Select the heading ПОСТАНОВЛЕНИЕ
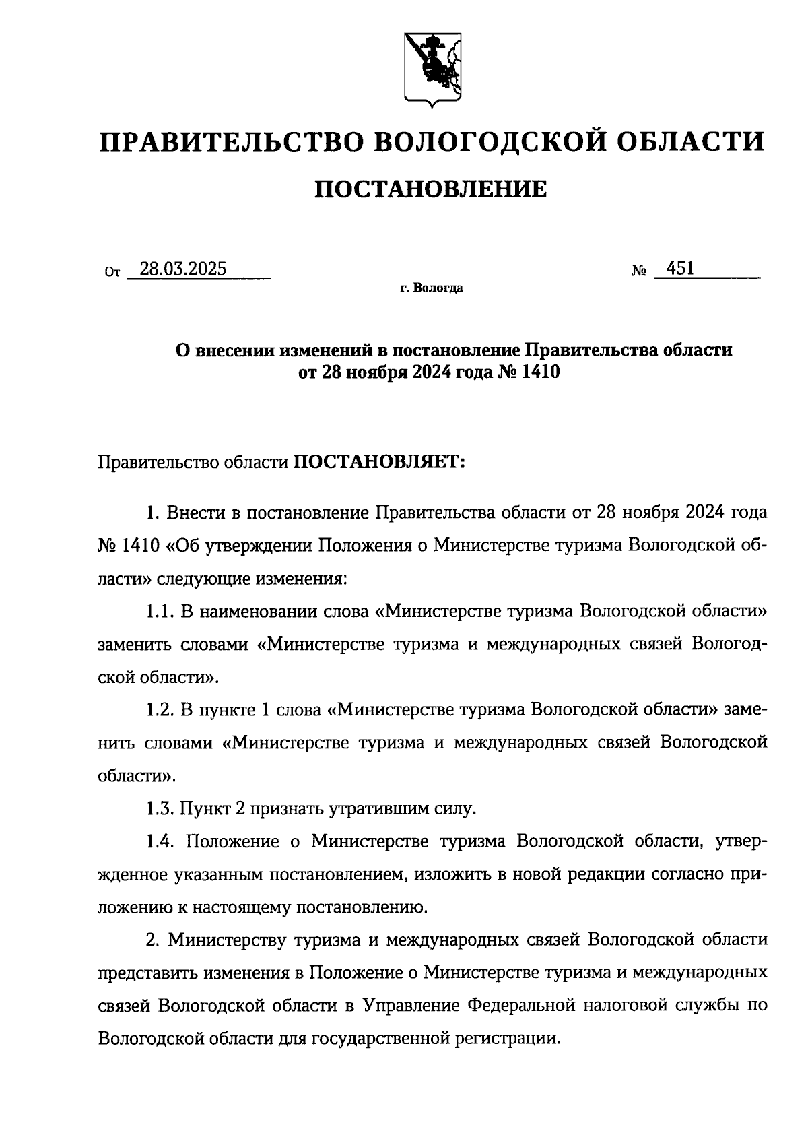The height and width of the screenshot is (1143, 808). coord(432,189)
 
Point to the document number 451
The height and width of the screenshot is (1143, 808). coord(679,269)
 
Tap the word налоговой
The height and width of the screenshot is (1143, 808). coord(634,1005)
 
